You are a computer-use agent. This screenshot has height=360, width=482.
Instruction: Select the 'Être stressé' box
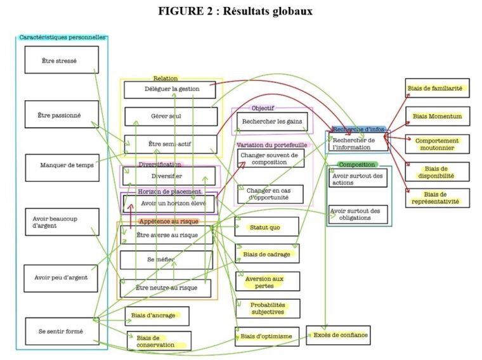pos(62,60)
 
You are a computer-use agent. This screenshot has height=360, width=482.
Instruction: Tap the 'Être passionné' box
pos(62,114)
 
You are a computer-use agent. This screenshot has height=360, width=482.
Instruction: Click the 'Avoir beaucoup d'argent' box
pos(62,222)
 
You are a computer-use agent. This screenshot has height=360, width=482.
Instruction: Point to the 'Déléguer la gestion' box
pos(171,89)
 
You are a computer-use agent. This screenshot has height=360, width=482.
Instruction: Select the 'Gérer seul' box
pos(171,117)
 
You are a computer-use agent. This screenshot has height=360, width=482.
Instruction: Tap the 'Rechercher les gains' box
pos(273,121)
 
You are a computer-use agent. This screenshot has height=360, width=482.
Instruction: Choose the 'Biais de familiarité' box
pos(438,88)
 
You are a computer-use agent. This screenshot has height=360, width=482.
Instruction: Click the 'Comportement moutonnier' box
pos(438,143)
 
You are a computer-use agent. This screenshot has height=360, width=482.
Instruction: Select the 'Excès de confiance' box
pos(337,335)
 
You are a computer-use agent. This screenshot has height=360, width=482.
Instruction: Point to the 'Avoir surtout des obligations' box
pos(358,214)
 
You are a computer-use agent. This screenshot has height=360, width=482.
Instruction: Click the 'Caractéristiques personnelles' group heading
pos(62,37)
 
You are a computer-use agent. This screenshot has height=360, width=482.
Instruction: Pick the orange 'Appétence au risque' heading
pos(168,221)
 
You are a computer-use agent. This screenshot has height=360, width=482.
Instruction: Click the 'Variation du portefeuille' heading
pos(271,145)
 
